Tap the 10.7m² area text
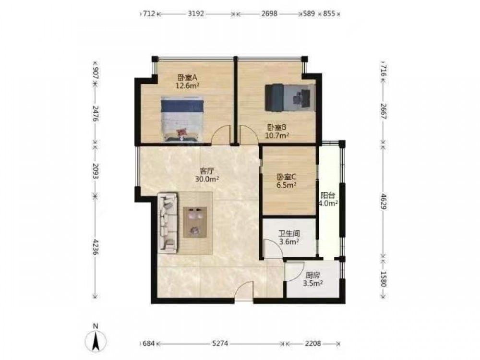[x=277, y=135]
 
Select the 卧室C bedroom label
[x=286, y=177]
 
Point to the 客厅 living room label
[x=207, y=171]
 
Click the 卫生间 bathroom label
[x=289, y=234]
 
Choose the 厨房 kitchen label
[x=312, y=275]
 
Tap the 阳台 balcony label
[x=328, y=195]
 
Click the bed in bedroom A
[x=183, y=119]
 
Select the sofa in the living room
[x=168, y=223]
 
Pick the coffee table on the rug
[x=195, y=222]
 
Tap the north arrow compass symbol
[x=96, y=340]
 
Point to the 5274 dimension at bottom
[x=220, y=344]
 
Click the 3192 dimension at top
[x=196, y=14]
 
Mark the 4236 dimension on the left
[x=96, y=247]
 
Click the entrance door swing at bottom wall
[x=244, y=291]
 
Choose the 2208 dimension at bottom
[x=312, y=344]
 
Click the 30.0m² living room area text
[x=207, y=179]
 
